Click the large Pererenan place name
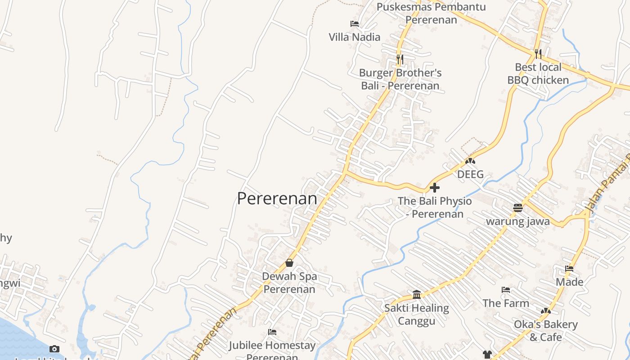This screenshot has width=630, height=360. pos(277,198)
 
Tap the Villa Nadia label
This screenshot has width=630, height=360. pos(354,37)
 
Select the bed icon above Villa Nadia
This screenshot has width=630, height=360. pos(355,23)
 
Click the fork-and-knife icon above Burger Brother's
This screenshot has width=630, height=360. pos(400,59)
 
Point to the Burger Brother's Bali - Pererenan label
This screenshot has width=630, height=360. pos(400,79)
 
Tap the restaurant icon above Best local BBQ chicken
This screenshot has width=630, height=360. pos(538,54)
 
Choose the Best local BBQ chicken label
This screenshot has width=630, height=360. pos(538,74)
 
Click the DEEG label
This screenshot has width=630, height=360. pos(470,174)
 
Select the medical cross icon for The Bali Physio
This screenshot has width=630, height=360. pos(435,188)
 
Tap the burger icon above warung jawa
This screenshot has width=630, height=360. pos(518,208)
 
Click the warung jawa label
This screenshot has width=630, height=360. pos(518,221)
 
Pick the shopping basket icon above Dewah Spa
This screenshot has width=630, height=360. pos(289,263)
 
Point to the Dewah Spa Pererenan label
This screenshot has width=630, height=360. pos(289,283)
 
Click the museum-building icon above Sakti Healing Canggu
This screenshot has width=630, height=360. pos(417,295)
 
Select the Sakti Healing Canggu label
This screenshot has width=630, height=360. pos(417,315)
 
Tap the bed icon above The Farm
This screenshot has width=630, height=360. pos(506,290)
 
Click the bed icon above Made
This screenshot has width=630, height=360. pos(569,269)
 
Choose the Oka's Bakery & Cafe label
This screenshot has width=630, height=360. pos(545,331)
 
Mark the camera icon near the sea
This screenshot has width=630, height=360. pos(54,349)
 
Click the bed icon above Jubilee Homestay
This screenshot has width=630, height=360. pos(272,332)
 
